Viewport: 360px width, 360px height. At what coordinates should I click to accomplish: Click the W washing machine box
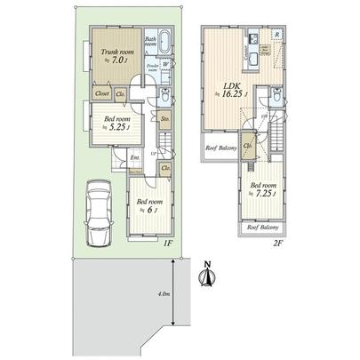click(x=166, y=63)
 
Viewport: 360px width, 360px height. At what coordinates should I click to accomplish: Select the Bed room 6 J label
click(x=148, y=205)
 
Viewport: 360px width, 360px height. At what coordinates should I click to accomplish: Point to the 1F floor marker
click(x=166, y=240)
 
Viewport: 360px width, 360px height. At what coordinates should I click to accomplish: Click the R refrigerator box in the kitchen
click(x=278, y=36)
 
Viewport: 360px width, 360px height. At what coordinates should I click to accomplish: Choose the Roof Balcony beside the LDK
click(x=221, y=148)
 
